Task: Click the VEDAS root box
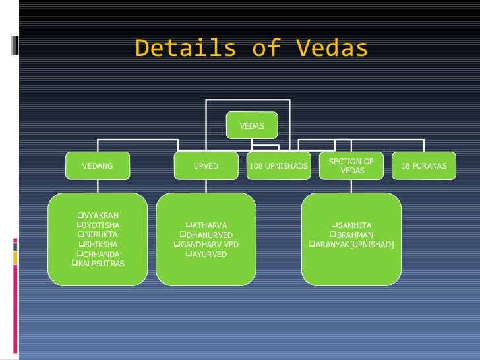(252, 125)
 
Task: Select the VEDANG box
(97, 166)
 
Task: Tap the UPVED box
(206, 166)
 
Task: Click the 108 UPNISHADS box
(278, 166)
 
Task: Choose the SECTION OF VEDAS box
(351, 166)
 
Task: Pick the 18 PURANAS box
(423, 166)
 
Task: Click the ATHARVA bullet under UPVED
(206, 225)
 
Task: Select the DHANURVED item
(206, 235)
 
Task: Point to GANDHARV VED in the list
(206, 245)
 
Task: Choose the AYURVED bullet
(206, 254)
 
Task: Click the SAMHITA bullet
(351, 225)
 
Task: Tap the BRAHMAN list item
(351, 235)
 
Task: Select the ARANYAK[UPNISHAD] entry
(351, 245)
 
